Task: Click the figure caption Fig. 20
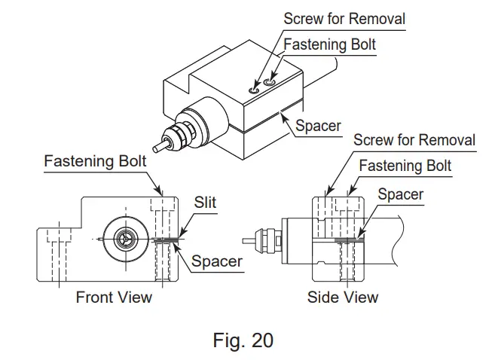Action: (x=243, y=340)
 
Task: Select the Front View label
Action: (x=114, y=297)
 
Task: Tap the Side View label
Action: (x=343, y=297)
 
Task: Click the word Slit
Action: (x=206, y=202)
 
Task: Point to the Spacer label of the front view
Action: (x=217, y=261)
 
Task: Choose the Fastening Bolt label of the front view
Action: (x=96, y=161)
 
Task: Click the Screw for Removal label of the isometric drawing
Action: (x=344, y=19)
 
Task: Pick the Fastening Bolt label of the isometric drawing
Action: (x=329, y=44)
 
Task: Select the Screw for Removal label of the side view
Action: (x=414, y=140)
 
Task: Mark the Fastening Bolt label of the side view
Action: (x=405, y=165)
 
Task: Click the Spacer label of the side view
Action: (x=401, y=194)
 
